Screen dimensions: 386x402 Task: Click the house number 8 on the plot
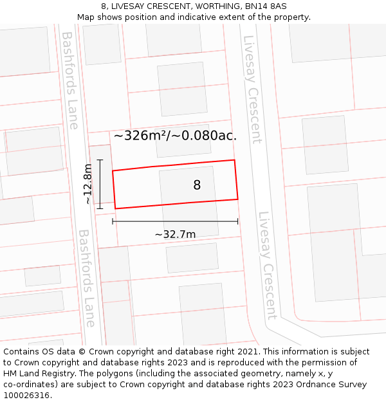(x=197, y=185)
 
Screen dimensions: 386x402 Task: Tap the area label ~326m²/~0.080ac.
(x=175, y=136)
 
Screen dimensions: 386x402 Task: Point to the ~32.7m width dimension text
(x=175, y=234)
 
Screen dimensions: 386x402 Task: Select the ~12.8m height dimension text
(x=88, y=184)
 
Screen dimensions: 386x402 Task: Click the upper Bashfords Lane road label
(x=69, y=80)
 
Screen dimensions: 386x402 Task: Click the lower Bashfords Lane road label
(x=86, y=278)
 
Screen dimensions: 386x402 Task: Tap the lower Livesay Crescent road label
(x=266, y=265)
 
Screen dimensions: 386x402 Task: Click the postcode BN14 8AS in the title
(x=264, y=6)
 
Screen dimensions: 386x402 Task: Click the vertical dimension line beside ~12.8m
(x=100, y=184)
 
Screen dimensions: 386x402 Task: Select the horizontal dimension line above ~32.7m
(x=175, y=221)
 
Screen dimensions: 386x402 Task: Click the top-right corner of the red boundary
(x=234, y=160)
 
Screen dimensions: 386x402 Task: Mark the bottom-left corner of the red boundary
(x=116, y=208)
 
